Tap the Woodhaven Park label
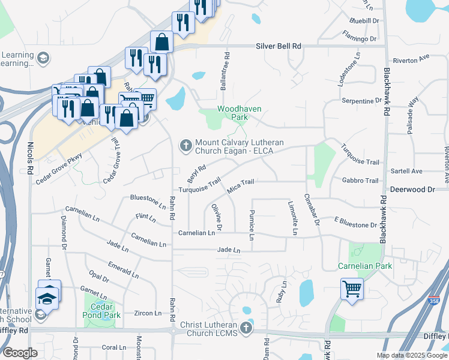pos(232,113)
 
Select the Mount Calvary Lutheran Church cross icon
pos(185,146)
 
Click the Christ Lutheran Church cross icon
pos(246,328)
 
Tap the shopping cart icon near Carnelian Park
pos(351,288)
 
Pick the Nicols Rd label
pos(30,158)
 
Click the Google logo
pos(20,352)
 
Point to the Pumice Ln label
pos(252,226)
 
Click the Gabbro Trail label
pos(360,181)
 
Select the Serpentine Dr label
pos(358,101)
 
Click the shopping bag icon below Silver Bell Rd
pos(161,42)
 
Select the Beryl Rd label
pos(196,174)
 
